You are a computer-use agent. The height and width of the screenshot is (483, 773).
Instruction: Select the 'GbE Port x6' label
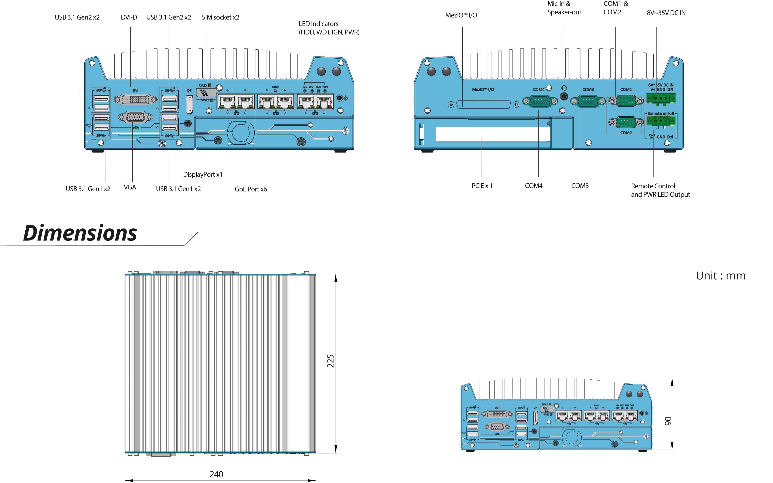click(x=251, y=189)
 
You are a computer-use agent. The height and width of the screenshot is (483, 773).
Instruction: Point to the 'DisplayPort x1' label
click(x=202, y=174)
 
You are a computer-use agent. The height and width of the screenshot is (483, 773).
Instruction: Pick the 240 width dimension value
click(x=216, y=474)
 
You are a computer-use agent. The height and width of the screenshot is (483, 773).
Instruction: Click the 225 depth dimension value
click(x=330, y=361)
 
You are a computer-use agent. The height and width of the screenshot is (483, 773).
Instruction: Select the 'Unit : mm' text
click(x=720, y=276)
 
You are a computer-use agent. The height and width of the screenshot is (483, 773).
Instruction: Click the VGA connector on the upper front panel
click(x=135, y=117)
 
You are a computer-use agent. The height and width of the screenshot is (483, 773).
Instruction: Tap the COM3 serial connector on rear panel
click(x=588, y=102)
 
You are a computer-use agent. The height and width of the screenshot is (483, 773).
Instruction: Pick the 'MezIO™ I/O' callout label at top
click(x=461, y=15)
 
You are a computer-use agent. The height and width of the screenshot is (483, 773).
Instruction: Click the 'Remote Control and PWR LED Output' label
click(x=660, y=190)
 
